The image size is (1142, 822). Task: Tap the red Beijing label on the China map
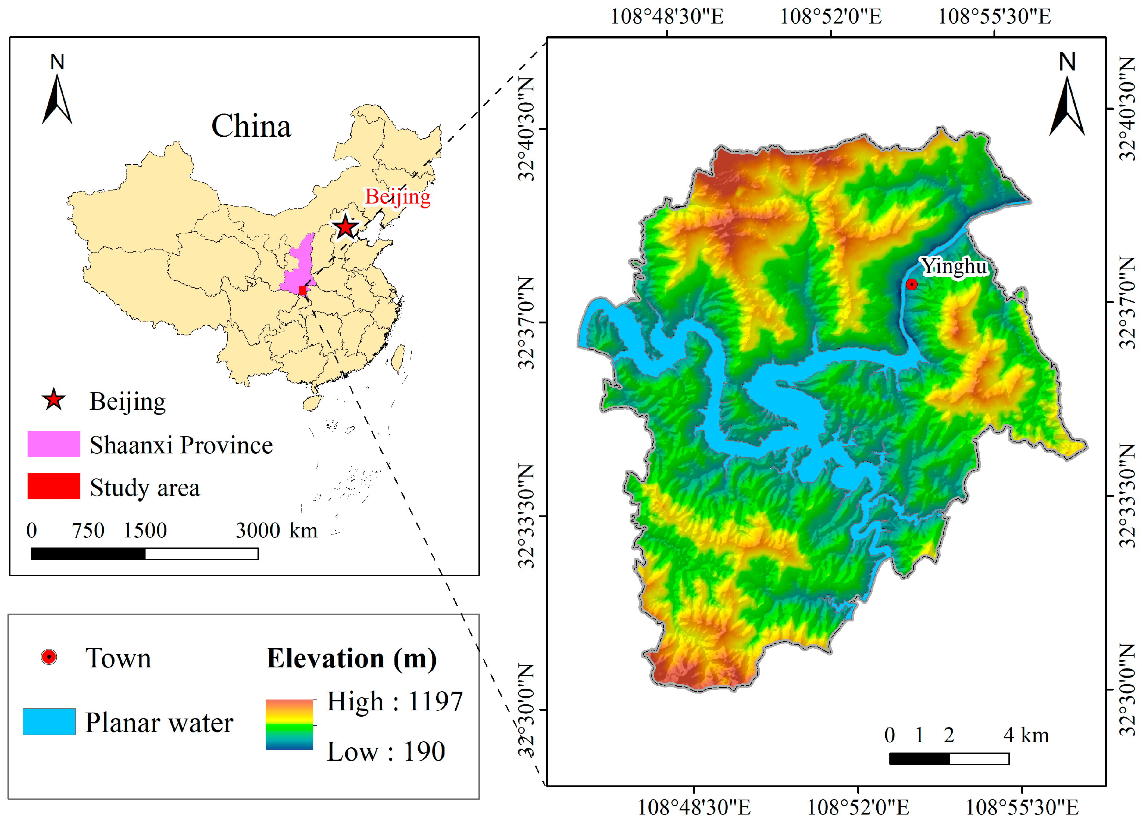pyautogui.click(x=397, y=196)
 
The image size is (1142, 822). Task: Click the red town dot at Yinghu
pyautogui.click(x=911, y=285)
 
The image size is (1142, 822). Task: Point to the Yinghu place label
pyautogui.click(x=954, y=266)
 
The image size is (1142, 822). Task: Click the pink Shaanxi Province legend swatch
pyautogui.click(x=53, y=444)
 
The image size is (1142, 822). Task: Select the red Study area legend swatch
pyautogui.click(x=53, y=486)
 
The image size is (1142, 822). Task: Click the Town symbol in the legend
pyautogui.click(x=49, y=657)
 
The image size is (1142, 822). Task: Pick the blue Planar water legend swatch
pyautogui.click(x=49, y=721)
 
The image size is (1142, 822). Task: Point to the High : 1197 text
pyautogui.click(x=394, y=701)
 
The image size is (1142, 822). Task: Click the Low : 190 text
pyautogui.click(x=386, y=751)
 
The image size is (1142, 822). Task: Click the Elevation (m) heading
pyautogui.click(x=352, y=658)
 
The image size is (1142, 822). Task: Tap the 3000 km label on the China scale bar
pyautogui.click(x=277, y=531)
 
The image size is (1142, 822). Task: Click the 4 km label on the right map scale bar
pyautogui.click(x=1026, y=735)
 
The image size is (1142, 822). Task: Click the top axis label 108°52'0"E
pyautogui.click(x=831, y=17)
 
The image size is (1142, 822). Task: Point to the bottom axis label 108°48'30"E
pyautogui.click(x=694, y=807)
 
